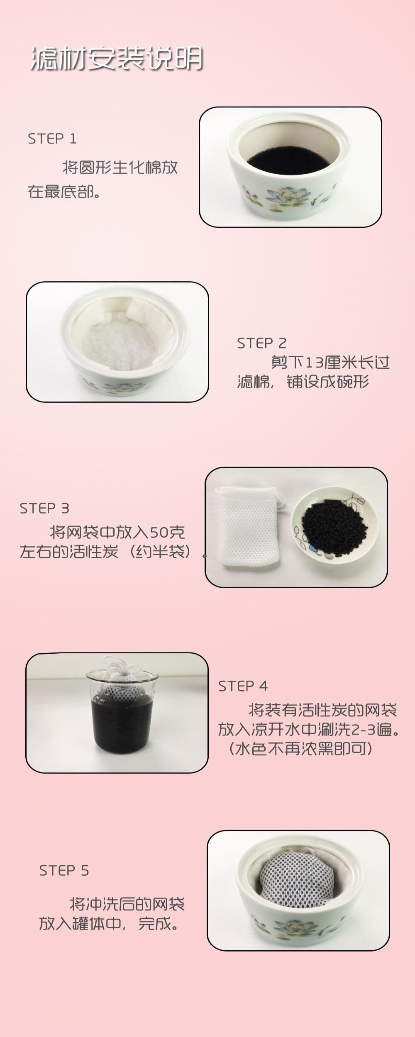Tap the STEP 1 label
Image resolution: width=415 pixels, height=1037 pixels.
pyautogui.click(x=52, y=139)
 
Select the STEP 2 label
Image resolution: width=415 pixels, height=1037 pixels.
pyautogui.click(x=262, y=343)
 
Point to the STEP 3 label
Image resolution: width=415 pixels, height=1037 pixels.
pyautogui.click(x=44, y=508)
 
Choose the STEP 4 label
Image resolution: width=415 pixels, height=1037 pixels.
pyautogui.click(x=243, y=686)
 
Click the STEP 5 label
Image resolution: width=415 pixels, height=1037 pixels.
pyautogui.click(x=64, y=870)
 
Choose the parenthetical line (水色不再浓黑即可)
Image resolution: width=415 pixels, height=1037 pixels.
pyautogui.click(x=301, y=749)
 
